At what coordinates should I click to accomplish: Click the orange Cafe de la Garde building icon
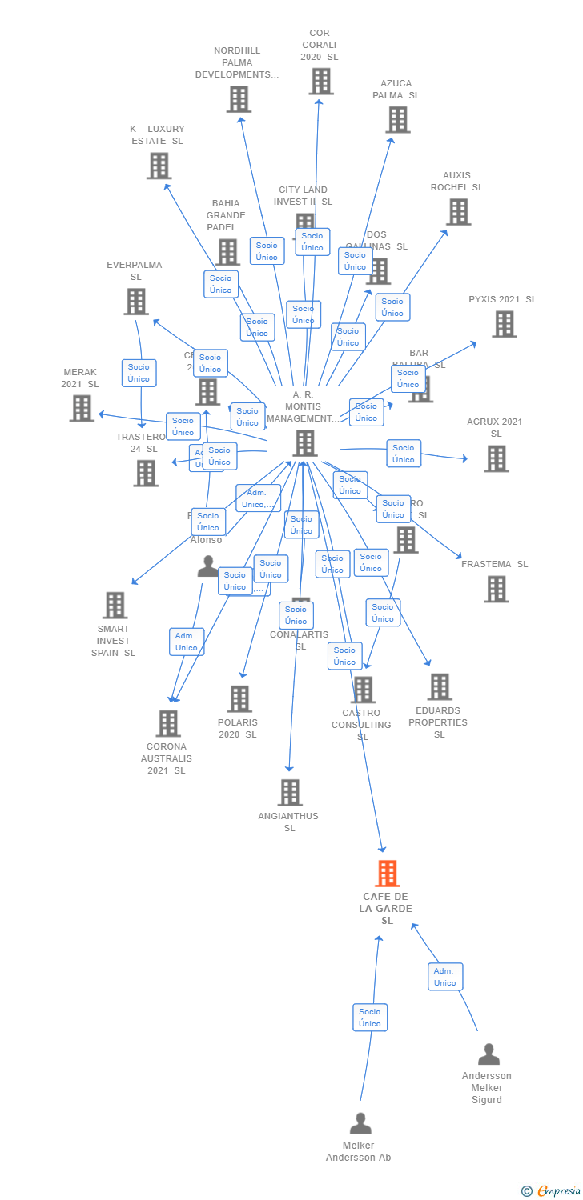click(388, 873)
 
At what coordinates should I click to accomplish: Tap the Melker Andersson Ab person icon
click(360, 1123)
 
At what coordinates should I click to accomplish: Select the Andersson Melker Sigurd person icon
click(489, 1054)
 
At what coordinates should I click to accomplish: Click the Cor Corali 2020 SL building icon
click(321, 81)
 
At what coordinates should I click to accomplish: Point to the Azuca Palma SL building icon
click(397, 119)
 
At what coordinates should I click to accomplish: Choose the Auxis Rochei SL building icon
click(458, 212)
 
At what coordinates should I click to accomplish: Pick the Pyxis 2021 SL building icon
click(504, 324)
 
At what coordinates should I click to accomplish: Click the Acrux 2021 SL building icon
click(496, 458)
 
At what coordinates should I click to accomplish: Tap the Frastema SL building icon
click(496, 589)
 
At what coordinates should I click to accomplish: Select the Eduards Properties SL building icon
click(439, 686)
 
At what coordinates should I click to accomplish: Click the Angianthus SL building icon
click(290, 792)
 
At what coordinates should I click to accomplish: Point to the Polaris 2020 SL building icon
click(239, 698)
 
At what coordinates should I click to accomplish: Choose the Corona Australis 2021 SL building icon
click(167, 723)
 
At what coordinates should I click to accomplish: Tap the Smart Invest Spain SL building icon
click(115, 605)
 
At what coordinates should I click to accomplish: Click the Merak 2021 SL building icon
click(82, 408)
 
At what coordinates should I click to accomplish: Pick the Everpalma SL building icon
click(136, 302)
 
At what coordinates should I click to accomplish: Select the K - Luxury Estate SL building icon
click(159, 166)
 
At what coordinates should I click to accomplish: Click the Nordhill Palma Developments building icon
click(239, 99)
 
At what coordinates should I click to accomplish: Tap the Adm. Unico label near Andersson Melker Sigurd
click(445, 977)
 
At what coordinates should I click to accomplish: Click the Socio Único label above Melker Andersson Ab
click(370, 1018)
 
